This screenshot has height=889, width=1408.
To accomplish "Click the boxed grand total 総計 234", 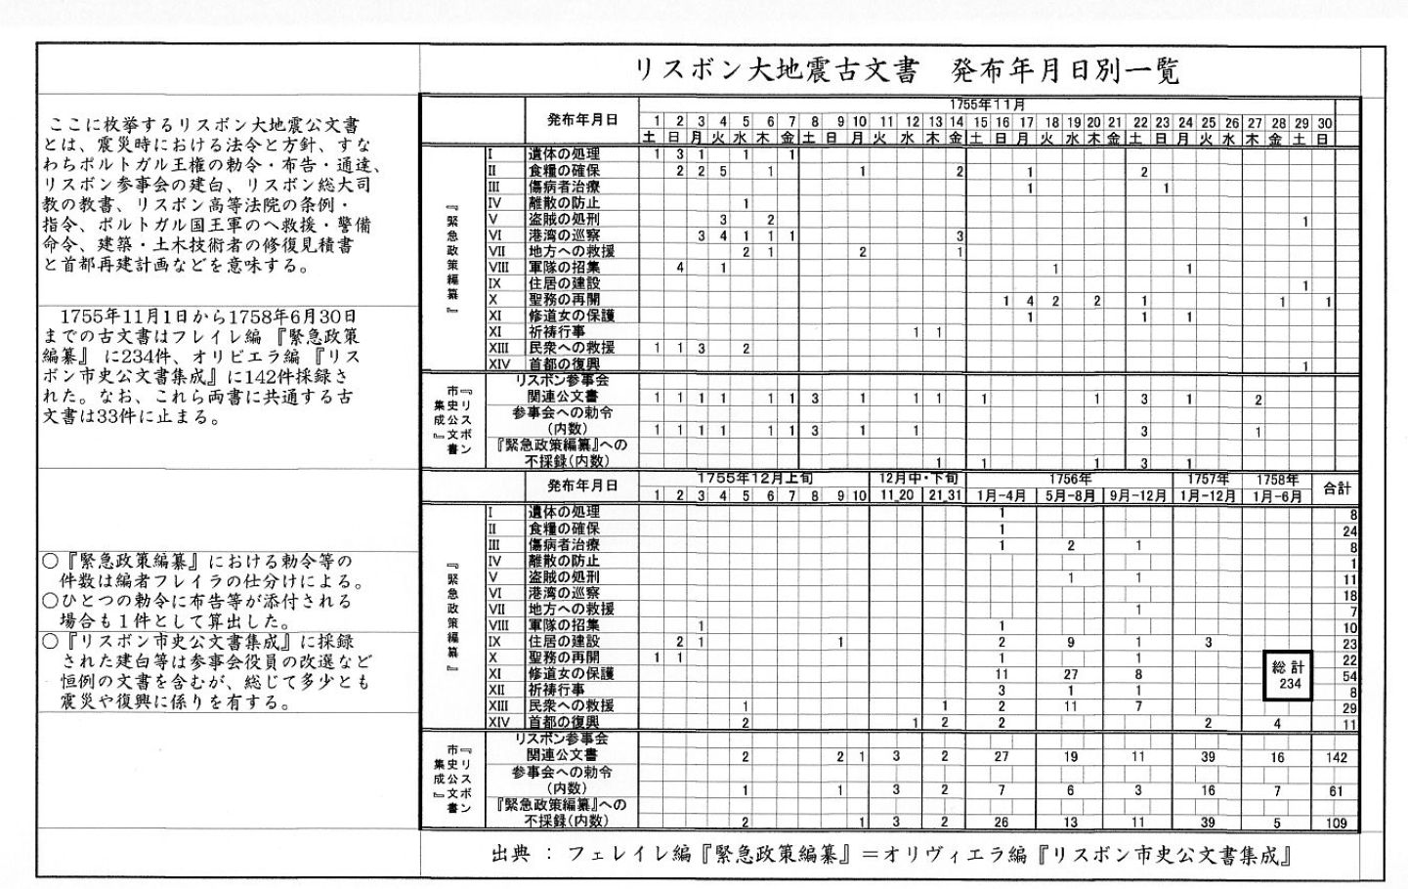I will pyautogui.click(x=1290, y=675).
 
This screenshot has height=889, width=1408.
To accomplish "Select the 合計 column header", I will pyautogui.click(x=1337, y=487).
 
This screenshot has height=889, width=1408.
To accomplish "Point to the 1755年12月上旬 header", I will pyautogui.click(x=754, y=478).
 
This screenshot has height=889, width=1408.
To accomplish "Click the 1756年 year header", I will pyautogui.click(x=1070, y=479).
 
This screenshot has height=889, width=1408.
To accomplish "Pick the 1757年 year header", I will pyautogui.click(x=1208, y=479).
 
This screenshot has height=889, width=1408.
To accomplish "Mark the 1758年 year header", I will pyautogui.click(x=1277, y=479).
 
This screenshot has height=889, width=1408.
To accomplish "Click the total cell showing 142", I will pyautogui.click(x=1337, y=757).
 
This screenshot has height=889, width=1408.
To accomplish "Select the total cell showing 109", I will pyautogui.click(x=1337, y=823).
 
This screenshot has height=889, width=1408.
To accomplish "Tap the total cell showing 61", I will pyautogui.click(x=1337, y=790).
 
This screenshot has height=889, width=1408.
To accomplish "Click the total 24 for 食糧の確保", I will pyautogui.click(x=1350, y=530).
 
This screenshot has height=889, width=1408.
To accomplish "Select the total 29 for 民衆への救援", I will pyautogui.click(x=1350, y=707).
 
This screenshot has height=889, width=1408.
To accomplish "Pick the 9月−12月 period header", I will pyautogui.click(x=1138, y=495).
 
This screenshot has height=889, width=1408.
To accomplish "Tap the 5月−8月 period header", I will pyautogui.click(x=1070, y=495).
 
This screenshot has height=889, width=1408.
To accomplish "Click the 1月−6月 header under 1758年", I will pyautogui.click(x=1277, y=495).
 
